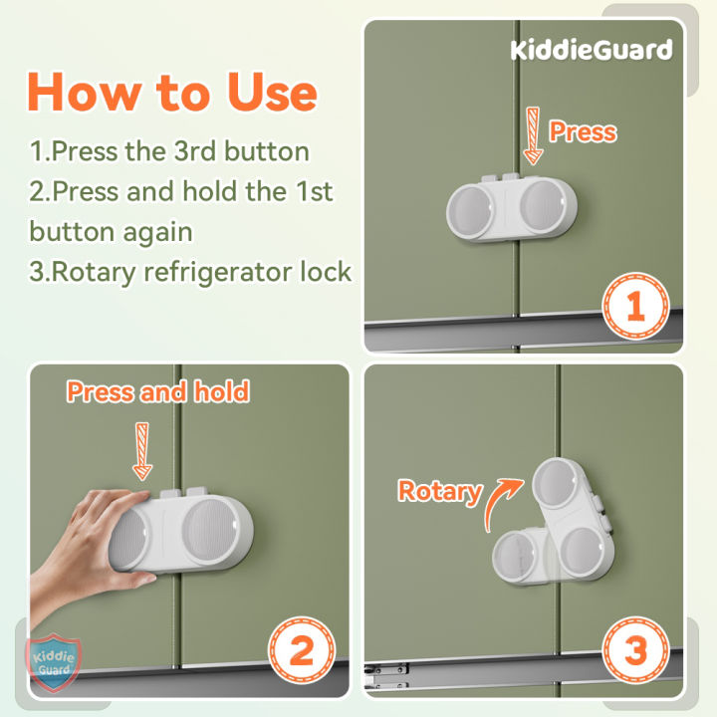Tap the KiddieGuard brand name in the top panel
pyautogui.click(x=592, y=49)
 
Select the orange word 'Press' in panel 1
pyautogui.click(x=583, y=131)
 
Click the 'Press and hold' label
pyautogui.click(x=157, y=391)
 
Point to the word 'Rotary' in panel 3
pyautogui.click(x=439, y=491)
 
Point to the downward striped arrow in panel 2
pyautogui.click(x=143, y=450)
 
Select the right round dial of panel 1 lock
pyautogui.click(x=544, y=207)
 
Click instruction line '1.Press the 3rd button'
pyautogui.click(x=169, y=151)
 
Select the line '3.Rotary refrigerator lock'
pyautogui.click(x=190, y=271)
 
